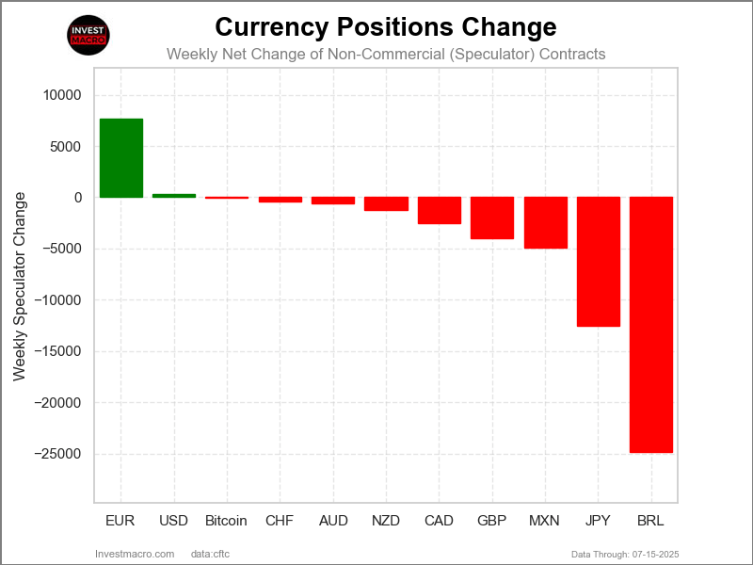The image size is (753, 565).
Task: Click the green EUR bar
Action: tap(121, 158)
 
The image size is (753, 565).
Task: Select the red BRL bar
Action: tap(651, 325)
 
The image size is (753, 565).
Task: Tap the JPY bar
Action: tap(599, 262)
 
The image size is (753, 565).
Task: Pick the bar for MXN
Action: tap(545, 223)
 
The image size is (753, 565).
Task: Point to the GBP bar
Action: tap(492, 218)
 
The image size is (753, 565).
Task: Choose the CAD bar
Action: tap(440, 211)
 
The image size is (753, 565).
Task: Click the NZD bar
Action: tap(386, 204)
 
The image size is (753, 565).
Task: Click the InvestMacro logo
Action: tap(89, 35)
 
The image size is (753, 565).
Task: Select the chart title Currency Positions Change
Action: tap(386, 26)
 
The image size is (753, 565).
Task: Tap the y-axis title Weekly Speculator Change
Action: tap(20, 286)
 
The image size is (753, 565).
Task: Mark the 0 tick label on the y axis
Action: tap(77, 198)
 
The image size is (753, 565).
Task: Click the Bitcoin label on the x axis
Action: tap(226, 521)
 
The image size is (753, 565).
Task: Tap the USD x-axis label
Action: tap(174, 521)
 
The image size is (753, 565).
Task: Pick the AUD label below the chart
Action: tap(333, 521)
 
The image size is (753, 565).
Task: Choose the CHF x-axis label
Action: tap(280, 521)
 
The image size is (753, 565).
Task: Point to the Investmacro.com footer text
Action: tap(136, 553)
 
